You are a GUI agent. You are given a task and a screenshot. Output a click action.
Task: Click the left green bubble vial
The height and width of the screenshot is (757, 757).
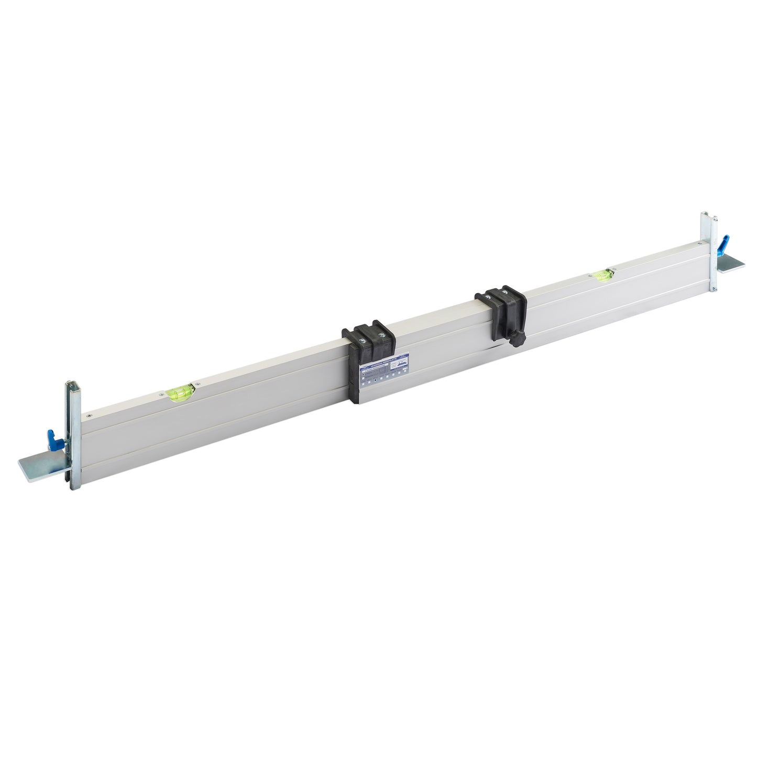[179, 390]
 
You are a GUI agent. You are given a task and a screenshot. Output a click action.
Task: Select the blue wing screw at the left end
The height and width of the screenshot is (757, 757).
[52, 437]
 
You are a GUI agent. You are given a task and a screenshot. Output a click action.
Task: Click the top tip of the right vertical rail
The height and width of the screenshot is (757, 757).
[705, 214]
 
